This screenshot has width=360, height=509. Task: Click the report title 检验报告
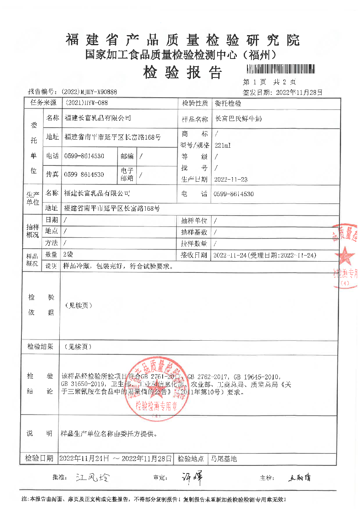click(182, 73)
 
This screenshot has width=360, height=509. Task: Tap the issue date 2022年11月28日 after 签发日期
click(299, 92)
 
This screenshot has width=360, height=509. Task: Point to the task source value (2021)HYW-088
click(86, 103)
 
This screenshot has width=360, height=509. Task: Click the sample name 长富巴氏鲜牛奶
click(239, 119)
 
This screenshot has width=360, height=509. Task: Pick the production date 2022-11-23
click(231, 179)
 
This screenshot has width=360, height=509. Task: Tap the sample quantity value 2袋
click(67, 255)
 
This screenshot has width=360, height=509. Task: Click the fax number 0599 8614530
click(84, 174)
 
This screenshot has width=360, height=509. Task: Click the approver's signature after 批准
click(92, 478)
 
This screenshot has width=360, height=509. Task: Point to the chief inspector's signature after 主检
click(299, 478)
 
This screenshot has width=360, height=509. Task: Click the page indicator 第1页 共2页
click(269, 82)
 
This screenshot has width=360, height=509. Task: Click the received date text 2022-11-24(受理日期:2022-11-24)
click(264, 255)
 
